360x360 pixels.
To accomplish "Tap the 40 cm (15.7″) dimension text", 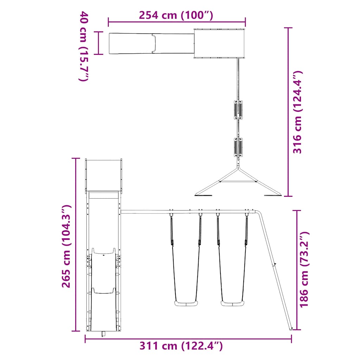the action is (84, 46).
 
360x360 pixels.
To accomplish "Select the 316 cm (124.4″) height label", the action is (297, 112).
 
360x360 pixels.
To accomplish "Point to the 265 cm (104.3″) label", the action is (66, 246).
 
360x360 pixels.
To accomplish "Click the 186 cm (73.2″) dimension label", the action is (304, 269).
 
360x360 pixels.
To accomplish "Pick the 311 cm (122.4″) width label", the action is (181, 346).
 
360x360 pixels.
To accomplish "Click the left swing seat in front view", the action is (186, 303).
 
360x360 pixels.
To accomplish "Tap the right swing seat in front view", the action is (232, 303).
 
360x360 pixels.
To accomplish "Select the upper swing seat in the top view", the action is (238, 110).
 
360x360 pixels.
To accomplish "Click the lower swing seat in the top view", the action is (238, 147).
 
